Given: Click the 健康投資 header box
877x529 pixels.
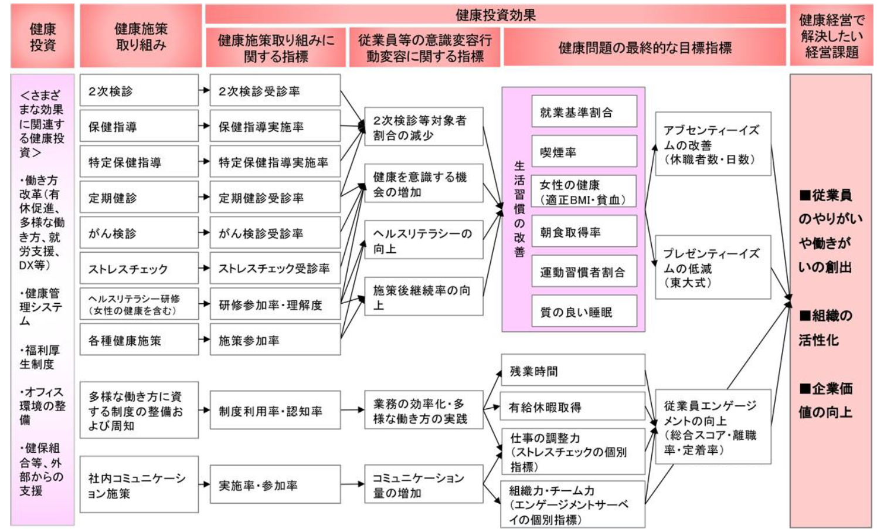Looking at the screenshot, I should (x=42, y=36).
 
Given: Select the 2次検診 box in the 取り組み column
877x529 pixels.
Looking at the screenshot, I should (x=139, y=91).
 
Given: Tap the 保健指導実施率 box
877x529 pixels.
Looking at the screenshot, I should (x=275, y=126).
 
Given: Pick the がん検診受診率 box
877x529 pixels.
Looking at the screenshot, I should (x=275, y=233).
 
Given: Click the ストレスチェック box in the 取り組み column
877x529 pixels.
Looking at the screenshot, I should (x=139, y=269).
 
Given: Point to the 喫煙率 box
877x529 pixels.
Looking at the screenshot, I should (x=584, y=152).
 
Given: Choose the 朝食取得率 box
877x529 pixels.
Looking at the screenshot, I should (x=584, y=232).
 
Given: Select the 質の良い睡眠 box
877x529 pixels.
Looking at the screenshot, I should (x=584, y=312).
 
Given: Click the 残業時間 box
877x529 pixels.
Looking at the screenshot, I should (x=572, y=371).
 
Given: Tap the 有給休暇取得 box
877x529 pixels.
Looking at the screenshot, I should (x=572, y=407).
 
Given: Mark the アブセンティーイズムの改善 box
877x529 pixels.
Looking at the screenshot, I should (x=712, y=144).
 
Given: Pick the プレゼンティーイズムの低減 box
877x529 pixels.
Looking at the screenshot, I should (x=712, y=268).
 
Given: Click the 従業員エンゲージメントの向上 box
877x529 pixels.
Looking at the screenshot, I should (x=712, y=428).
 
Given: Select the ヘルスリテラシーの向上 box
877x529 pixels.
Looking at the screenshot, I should (x=423, y=240).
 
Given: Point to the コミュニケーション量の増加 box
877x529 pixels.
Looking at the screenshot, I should (x=423, y=485).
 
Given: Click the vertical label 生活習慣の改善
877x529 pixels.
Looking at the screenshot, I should (x=519, y=209).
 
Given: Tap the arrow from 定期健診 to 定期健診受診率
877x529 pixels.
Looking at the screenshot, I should (x=204, y=197).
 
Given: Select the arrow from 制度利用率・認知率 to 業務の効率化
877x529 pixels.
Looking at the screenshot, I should (x=352, y=410).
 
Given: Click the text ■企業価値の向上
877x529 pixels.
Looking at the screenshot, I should (x=825, y=400).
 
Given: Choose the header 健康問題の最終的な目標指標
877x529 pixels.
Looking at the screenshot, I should (x=644, y=48).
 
